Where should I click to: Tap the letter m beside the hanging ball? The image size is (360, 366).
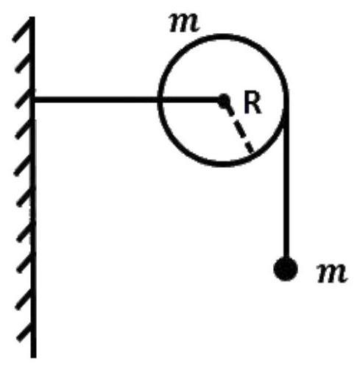point(332,273)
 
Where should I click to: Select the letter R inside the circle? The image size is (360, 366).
point(253,104)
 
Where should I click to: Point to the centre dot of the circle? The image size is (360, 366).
point(224,100)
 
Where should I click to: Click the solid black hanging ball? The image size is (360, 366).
point(286,269)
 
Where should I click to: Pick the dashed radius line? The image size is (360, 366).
point(240,130)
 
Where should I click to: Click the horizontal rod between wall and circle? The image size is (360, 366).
point(127,100)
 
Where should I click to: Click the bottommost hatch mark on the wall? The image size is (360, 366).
point(25,333)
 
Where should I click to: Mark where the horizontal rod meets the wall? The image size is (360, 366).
point(33,100)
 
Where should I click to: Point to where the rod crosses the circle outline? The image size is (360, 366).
point(159,100)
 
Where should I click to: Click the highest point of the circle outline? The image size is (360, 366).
point(223,36)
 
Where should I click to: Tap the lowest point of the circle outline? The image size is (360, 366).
point(223,164)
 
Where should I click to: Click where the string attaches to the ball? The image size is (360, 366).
point(286,258)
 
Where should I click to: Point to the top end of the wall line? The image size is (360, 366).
point(32,17)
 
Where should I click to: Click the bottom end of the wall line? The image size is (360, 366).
point(34,357)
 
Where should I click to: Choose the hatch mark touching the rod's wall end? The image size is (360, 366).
point(24,99)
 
